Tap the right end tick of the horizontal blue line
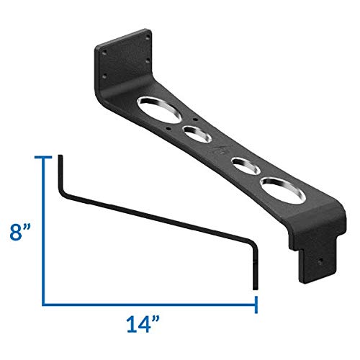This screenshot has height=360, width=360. click(x=256, y=303)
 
